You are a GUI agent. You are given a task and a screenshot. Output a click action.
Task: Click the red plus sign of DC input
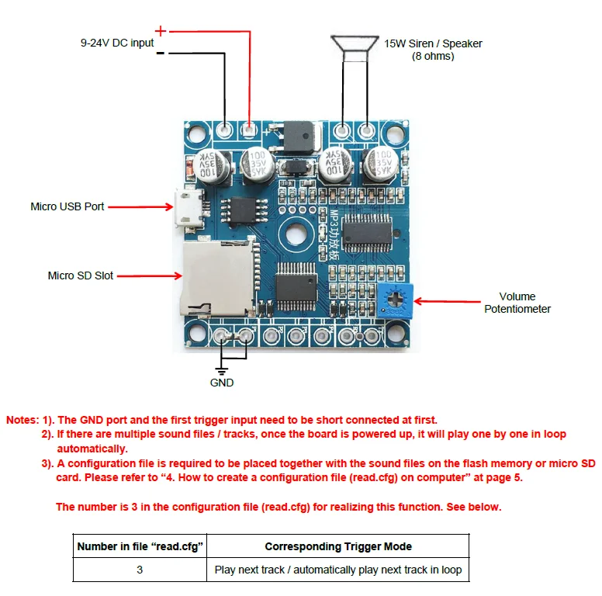pos(161,31)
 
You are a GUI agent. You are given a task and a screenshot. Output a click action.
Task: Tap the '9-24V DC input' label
pos(117,43)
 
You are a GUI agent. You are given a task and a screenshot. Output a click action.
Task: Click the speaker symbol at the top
pos(355,43)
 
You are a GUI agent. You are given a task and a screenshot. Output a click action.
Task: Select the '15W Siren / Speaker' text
pos(433,43)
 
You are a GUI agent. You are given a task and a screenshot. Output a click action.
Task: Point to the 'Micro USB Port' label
pos(67,206)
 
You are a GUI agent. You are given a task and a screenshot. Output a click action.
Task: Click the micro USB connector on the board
pos(189,211)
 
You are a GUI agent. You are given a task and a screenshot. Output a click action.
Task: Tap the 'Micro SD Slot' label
pos(80,275)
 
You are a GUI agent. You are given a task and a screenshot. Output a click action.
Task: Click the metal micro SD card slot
pos(218,279)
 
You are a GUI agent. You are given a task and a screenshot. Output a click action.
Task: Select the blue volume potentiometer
pos(395,300)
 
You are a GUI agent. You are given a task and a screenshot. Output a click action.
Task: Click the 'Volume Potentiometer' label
pos(517,303)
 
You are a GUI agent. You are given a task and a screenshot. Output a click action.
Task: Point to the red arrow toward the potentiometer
pos(448,301)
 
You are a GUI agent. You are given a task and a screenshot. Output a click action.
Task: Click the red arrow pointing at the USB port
pos(140,207)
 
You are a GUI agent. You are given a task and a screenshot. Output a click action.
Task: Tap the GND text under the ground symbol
pos(222,383)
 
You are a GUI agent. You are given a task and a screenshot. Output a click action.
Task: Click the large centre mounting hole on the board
pos(296,234)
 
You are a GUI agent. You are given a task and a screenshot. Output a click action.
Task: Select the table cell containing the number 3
pos(140,570)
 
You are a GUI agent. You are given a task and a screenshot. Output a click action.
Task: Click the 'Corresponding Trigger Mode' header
pos(338,546)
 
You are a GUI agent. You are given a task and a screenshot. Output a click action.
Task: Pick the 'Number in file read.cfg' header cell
pos(140,546)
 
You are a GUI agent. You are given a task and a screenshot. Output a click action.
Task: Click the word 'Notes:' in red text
pos(22,420)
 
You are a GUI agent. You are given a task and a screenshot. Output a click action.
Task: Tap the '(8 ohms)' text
pos(433,57)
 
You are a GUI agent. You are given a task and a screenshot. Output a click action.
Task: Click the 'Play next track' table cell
pos(338,570)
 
